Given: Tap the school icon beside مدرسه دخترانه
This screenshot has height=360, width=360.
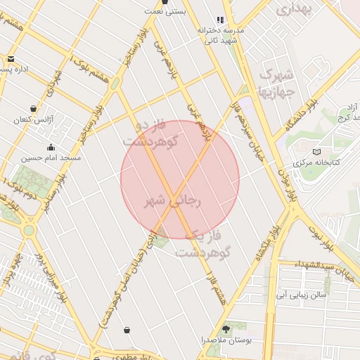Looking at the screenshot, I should [x=221, y=20].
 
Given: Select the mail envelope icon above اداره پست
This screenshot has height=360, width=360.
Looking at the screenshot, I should [x=11, y=58].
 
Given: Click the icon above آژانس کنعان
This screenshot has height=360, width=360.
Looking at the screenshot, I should [x=34, y=108].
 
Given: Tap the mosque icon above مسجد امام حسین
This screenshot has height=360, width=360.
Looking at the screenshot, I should [x=51, y=147].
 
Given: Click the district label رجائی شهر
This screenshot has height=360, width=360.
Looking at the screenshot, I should [x=173, y=202].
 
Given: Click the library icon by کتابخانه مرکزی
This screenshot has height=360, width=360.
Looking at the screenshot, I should [x=316, y=152].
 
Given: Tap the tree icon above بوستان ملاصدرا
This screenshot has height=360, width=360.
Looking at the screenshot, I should [x=226, y=329].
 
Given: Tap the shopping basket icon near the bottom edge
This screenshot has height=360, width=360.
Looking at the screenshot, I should [x=127, y=330].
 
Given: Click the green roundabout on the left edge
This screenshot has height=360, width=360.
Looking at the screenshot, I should [x=28, y=230].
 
